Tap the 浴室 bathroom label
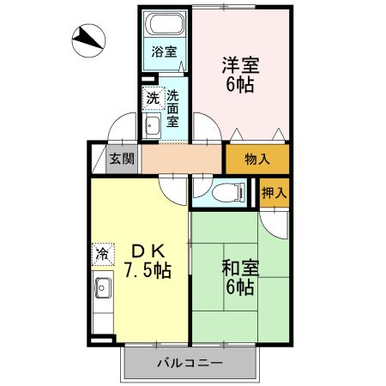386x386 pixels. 165,51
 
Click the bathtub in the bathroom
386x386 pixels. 165,23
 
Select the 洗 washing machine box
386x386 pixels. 152,98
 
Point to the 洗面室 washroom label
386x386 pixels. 172,109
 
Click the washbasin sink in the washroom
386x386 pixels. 152,126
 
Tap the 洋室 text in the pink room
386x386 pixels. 240,65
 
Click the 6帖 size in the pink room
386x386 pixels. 240,86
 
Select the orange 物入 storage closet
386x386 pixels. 256,159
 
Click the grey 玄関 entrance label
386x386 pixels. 122,159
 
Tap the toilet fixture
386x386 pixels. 219,191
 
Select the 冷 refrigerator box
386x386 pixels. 102,254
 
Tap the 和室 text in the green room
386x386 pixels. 240,268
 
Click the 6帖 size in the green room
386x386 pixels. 240,288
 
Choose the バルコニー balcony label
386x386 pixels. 190,364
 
